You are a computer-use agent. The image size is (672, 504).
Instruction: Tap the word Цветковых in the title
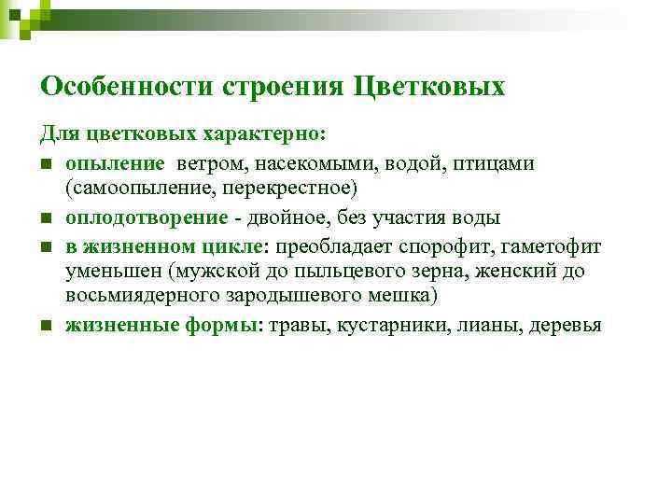click(430, 87)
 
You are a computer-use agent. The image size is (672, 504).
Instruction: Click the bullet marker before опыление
click(45, 164)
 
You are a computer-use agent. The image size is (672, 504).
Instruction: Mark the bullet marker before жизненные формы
click(45, 327)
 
